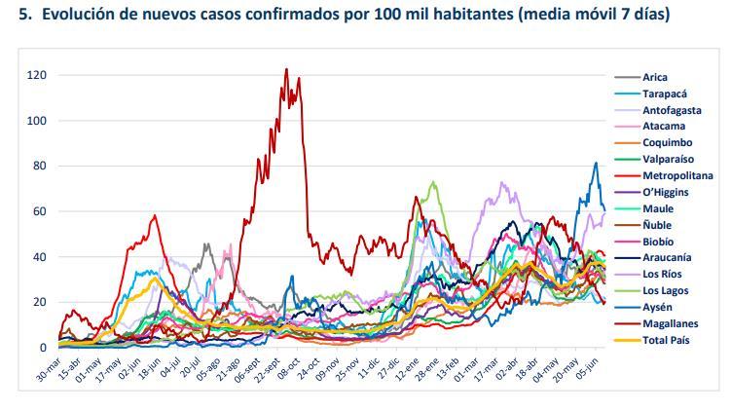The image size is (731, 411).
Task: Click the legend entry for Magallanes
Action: click(x=670, y=323)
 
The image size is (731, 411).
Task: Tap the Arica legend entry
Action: click(x=655, y=78)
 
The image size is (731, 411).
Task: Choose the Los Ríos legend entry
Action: click(x=662, y=275)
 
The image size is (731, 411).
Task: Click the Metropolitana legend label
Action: click(x=677, y=176)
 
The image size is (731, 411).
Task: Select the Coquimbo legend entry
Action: click(x=667, y=143)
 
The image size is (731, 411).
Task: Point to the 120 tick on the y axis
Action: click(x=38, y=75)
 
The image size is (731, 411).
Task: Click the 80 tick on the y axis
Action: click(x=41, y=167)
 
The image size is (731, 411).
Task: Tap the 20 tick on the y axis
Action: click(x=41, y=303)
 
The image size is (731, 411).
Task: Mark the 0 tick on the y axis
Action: click(x=44, y=348)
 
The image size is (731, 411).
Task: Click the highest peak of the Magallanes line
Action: click(x=286, y=69)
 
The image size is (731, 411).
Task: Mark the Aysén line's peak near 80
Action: click(x=596, y=163)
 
